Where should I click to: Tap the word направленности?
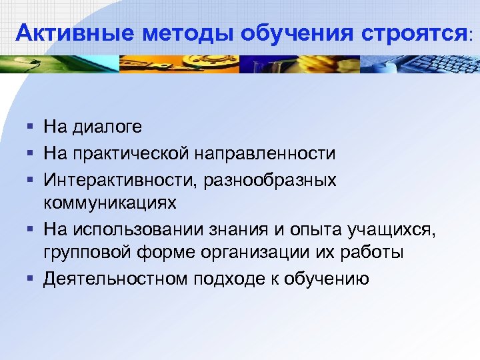point(266,154)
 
